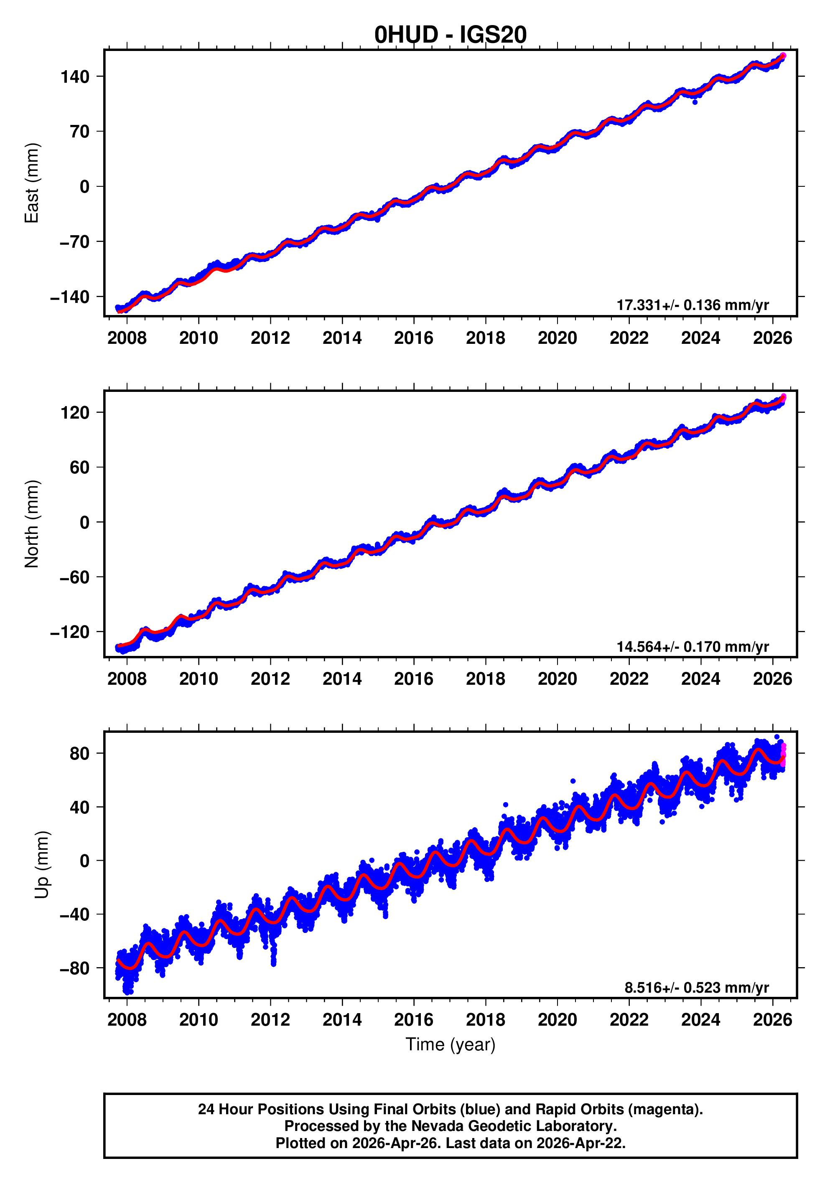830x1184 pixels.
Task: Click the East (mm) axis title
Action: coord(32,183)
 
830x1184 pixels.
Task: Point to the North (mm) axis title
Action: coord(32,523)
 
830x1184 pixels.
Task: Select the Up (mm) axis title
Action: coord(42,865)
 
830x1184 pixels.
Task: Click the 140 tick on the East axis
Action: coord(75,77)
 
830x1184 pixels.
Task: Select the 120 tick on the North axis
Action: coord(75,412)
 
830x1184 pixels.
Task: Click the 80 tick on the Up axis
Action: coord(79,753)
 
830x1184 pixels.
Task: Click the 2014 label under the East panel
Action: coord(342,338)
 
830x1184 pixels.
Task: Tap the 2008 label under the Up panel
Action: coord(127,1019)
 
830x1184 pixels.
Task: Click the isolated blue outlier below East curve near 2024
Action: coord(695,102)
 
